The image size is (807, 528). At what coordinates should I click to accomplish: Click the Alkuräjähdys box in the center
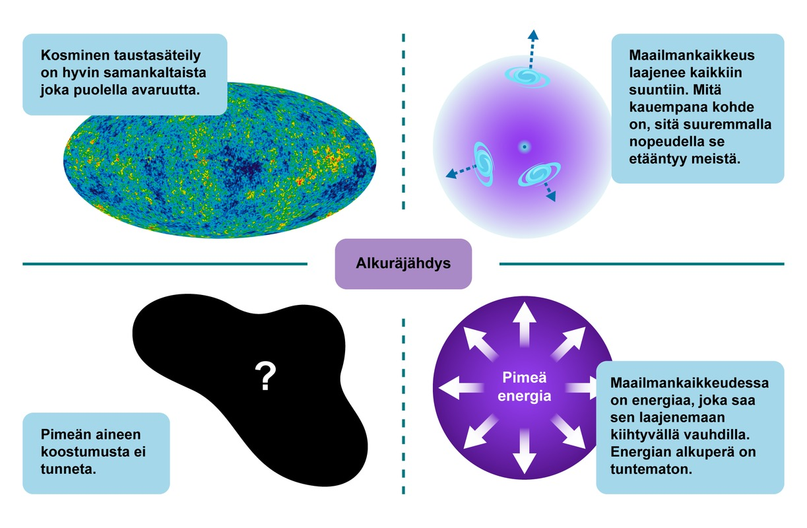[403, 263]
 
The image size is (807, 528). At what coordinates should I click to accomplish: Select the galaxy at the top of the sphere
[527, 76]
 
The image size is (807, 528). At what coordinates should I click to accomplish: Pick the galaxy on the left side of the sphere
[484, 162]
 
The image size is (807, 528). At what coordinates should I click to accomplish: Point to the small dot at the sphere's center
[524, 147]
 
